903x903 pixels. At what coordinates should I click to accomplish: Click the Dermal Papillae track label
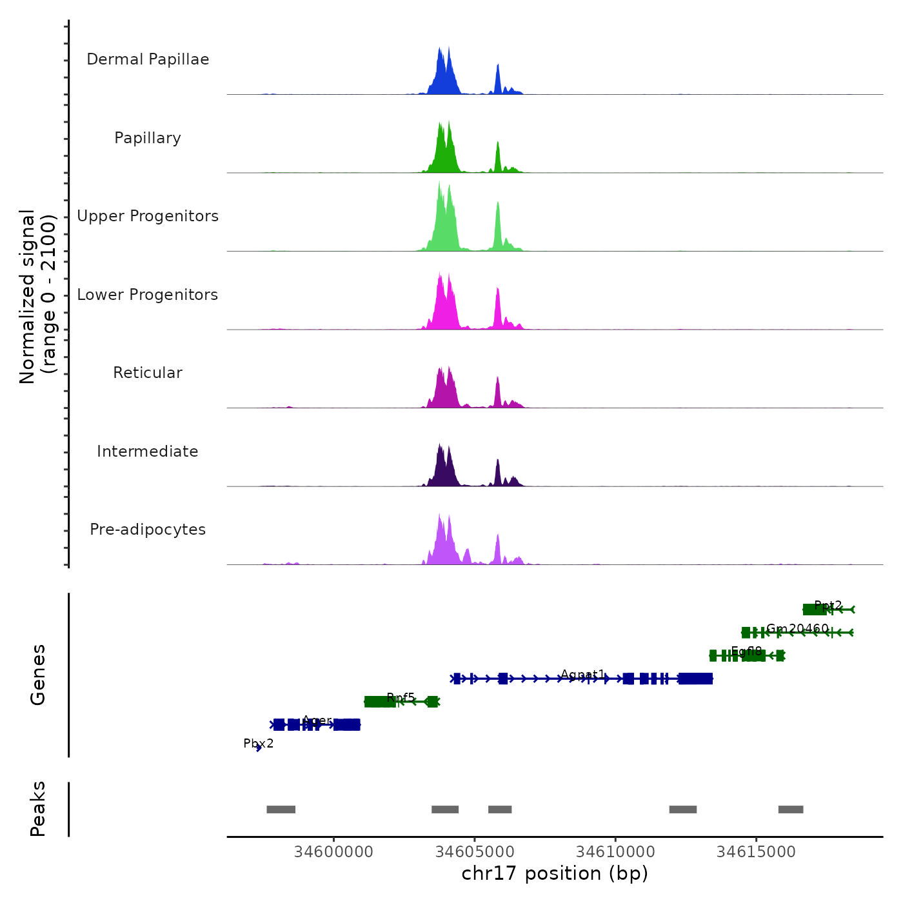click(x=148, y=59)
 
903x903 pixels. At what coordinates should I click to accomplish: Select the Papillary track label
click(x=148, y=138)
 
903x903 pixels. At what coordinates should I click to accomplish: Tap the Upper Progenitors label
click(x=148, y=216)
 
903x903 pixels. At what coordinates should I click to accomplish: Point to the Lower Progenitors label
click(x=148, y=295)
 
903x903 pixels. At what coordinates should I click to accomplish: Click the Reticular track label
click(x=148, y=373)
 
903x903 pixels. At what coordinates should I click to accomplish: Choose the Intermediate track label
click(x=148, y=451)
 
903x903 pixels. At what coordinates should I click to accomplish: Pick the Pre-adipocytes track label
click(x=148, y=530)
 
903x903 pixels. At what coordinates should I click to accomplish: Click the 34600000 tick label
click(x=333, y=851)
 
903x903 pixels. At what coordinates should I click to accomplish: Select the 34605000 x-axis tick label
click(x=475, y=851)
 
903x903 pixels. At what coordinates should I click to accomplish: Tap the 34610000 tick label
click(x=615, y=851)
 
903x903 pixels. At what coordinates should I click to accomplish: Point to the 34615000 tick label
click(x=756, y=851)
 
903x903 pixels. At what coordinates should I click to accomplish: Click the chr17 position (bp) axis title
click(x=555, y=873)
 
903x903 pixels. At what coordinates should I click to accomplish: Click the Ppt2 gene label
click(x=828, y=606)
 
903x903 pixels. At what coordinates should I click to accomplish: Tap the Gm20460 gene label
click(x=797, y=628)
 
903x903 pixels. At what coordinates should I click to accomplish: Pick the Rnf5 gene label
click(x=401, y=697)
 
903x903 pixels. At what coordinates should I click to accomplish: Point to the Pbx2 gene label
click(x=258, y=744)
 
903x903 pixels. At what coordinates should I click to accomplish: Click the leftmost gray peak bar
click(x=281, y=809)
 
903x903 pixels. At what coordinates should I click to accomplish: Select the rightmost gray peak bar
click(x=791, y=809)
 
